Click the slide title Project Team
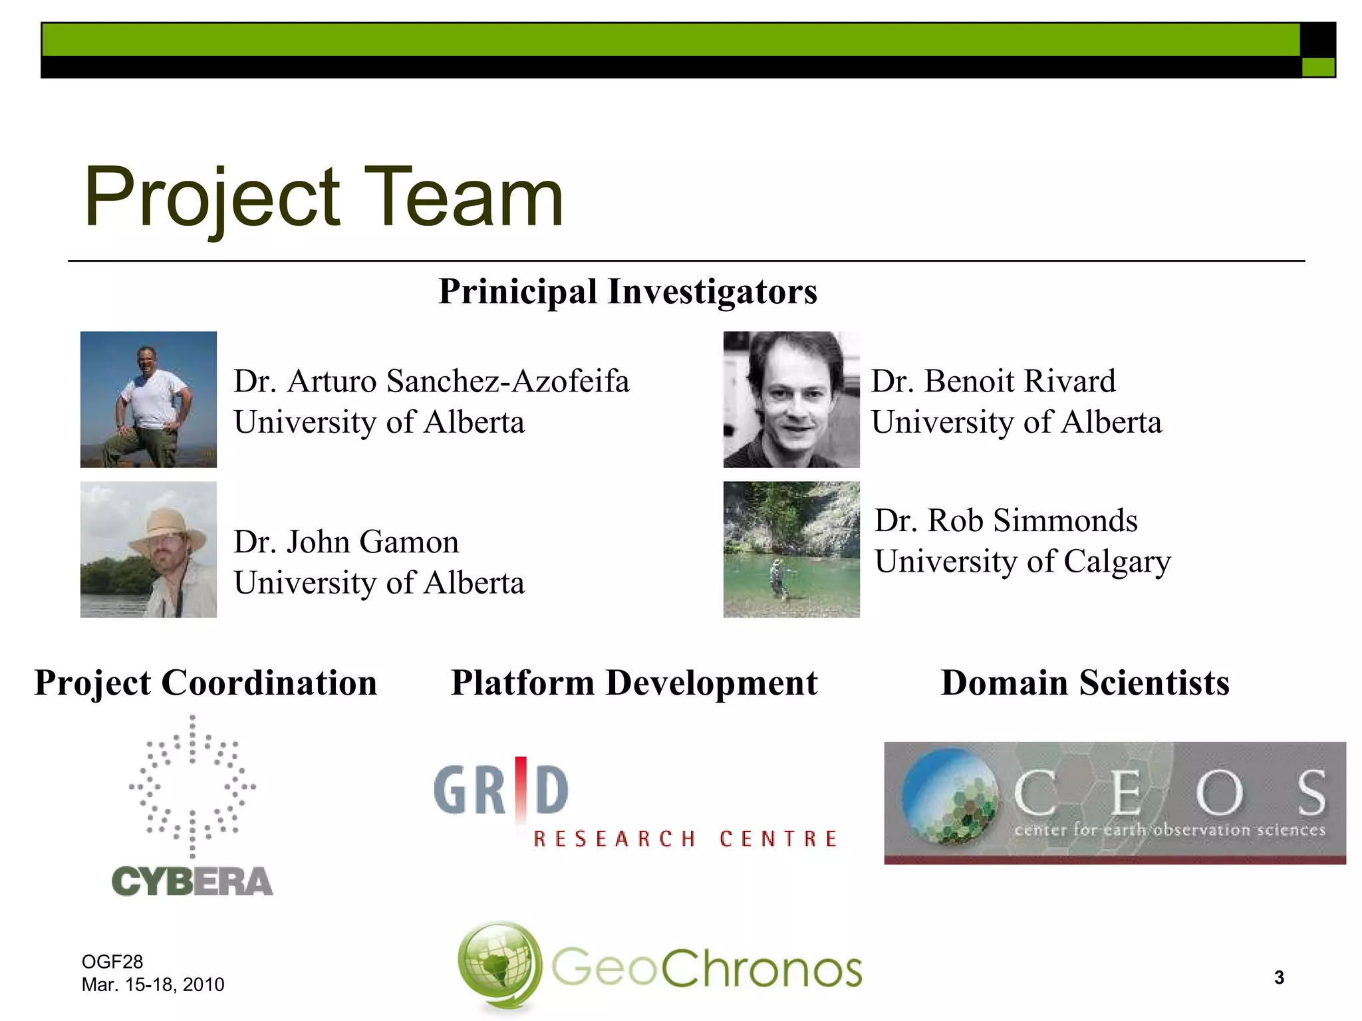click(x=324, y=197)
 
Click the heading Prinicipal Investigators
click(x=628, y=292)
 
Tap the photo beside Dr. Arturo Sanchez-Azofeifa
click(x=148, y=399)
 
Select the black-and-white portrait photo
click(x=791, y=399)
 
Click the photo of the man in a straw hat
click(x=148, y=550)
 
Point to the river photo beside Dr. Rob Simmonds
click(x=791, y=550)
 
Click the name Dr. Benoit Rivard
click(x=993, y=382)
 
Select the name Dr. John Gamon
click(x=346, y=542)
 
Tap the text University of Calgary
click(x=1022, y=562)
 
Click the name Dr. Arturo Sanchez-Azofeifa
click(x=431, y=382)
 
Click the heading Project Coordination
click(x=205, y=683)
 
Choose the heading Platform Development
click(x=634, y=683)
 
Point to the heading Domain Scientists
click(x=1085, y=683)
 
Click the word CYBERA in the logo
click(x=192, y=881)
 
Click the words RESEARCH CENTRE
click(x=685, y=839)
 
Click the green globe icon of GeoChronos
click(x=500, y=965)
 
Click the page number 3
click(x=1279, y=977)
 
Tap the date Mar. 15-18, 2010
click(x=153, y=984)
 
